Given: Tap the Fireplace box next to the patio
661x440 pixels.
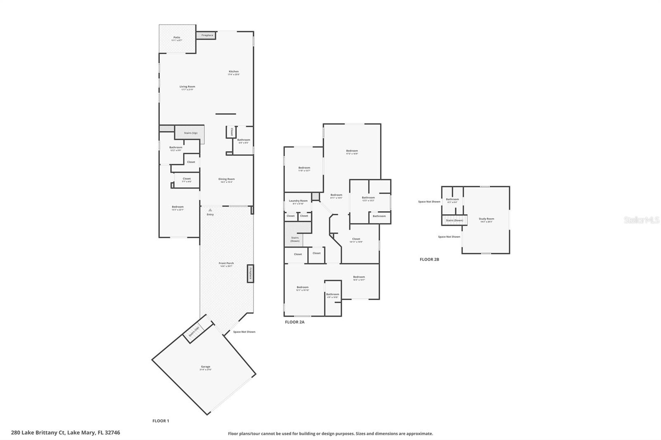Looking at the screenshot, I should [x=207, y=35].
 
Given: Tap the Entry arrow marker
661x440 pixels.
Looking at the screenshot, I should [x=210, y=210].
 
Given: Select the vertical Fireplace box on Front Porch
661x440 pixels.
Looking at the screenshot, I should [x=250, y=273].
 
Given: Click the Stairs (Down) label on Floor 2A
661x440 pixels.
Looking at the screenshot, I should [x=295, y=239].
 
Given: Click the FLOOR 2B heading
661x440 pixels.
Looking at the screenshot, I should [x=429, y=260].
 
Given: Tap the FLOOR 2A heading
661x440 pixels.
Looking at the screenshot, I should [x=295, y=322].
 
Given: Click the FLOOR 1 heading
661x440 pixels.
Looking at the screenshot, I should [x=161, y=421].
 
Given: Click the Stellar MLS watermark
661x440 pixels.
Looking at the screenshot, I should [x=642, y=220].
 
